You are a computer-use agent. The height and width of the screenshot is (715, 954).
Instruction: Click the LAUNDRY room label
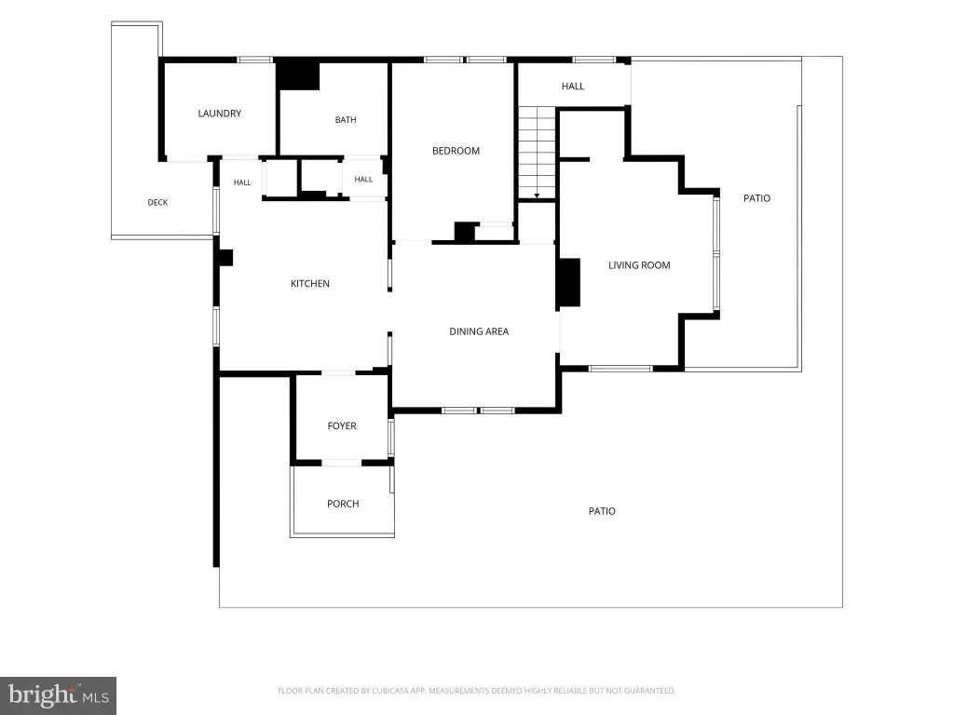pyautogui.click(x=220, y=113)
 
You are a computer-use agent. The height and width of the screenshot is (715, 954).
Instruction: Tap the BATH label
pyautogui.click(x=346, y=120)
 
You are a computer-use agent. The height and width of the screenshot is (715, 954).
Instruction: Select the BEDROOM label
pyautogui.click(x=456, y=151)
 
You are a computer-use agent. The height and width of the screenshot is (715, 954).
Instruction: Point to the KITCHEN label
pyautogui.click(x=309, y=283)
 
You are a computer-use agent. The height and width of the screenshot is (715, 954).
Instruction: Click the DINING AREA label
pyautogui.click(x=479, y=331)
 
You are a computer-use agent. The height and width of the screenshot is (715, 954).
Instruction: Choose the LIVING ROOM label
pyautogui.click(x=639, y=265)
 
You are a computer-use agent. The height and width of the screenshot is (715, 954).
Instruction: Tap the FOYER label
pyautogui.click(x=342, y=425)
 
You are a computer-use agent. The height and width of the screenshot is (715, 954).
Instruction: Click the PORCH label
pyautogui.click(x=343, y=504)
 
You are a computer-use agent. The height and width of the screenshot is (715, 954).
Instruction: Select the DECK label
pyautogui.click(x=157, y=202)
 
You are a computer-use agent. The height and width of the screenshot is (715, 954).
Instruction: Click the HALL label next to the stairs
pyautogui.click(x=573, y=87)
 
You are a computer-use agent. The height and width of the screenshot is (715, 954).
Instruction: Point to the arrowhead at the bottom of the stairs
pyautogui.click(x=537, y=196)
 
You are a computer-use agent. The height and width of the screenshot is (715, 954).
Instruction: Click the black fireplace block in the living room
pyautogui.click(x=569, y=283)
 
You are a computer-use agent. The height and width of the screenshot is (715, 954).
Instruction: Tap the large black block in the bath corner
pyautogui.click(x=298, y=75)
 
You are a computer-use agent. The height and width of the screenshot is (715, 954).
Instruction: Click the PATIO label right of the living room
pyautogui.click(x=756, y=198)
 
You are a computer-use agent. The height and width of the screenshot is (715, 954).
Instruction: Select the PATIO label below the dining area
pyautogui.click(x=602, y=511)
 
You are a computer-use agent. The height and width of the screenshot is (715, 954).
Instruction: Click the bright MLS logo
pyautogui.click(x=59, y=695)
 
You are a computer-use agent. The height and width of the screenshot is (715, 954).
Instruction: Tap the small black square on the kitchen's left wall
pyautogui.click(x=225, y=258)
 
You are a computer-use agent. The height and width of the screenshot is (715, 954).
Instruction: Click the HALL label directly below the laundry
pyautogui.click(x=242, y=182)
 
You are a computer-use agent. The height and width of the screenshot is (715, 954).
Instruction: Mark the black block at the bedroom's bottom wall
pyautogui.click(x=465, y=232)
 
